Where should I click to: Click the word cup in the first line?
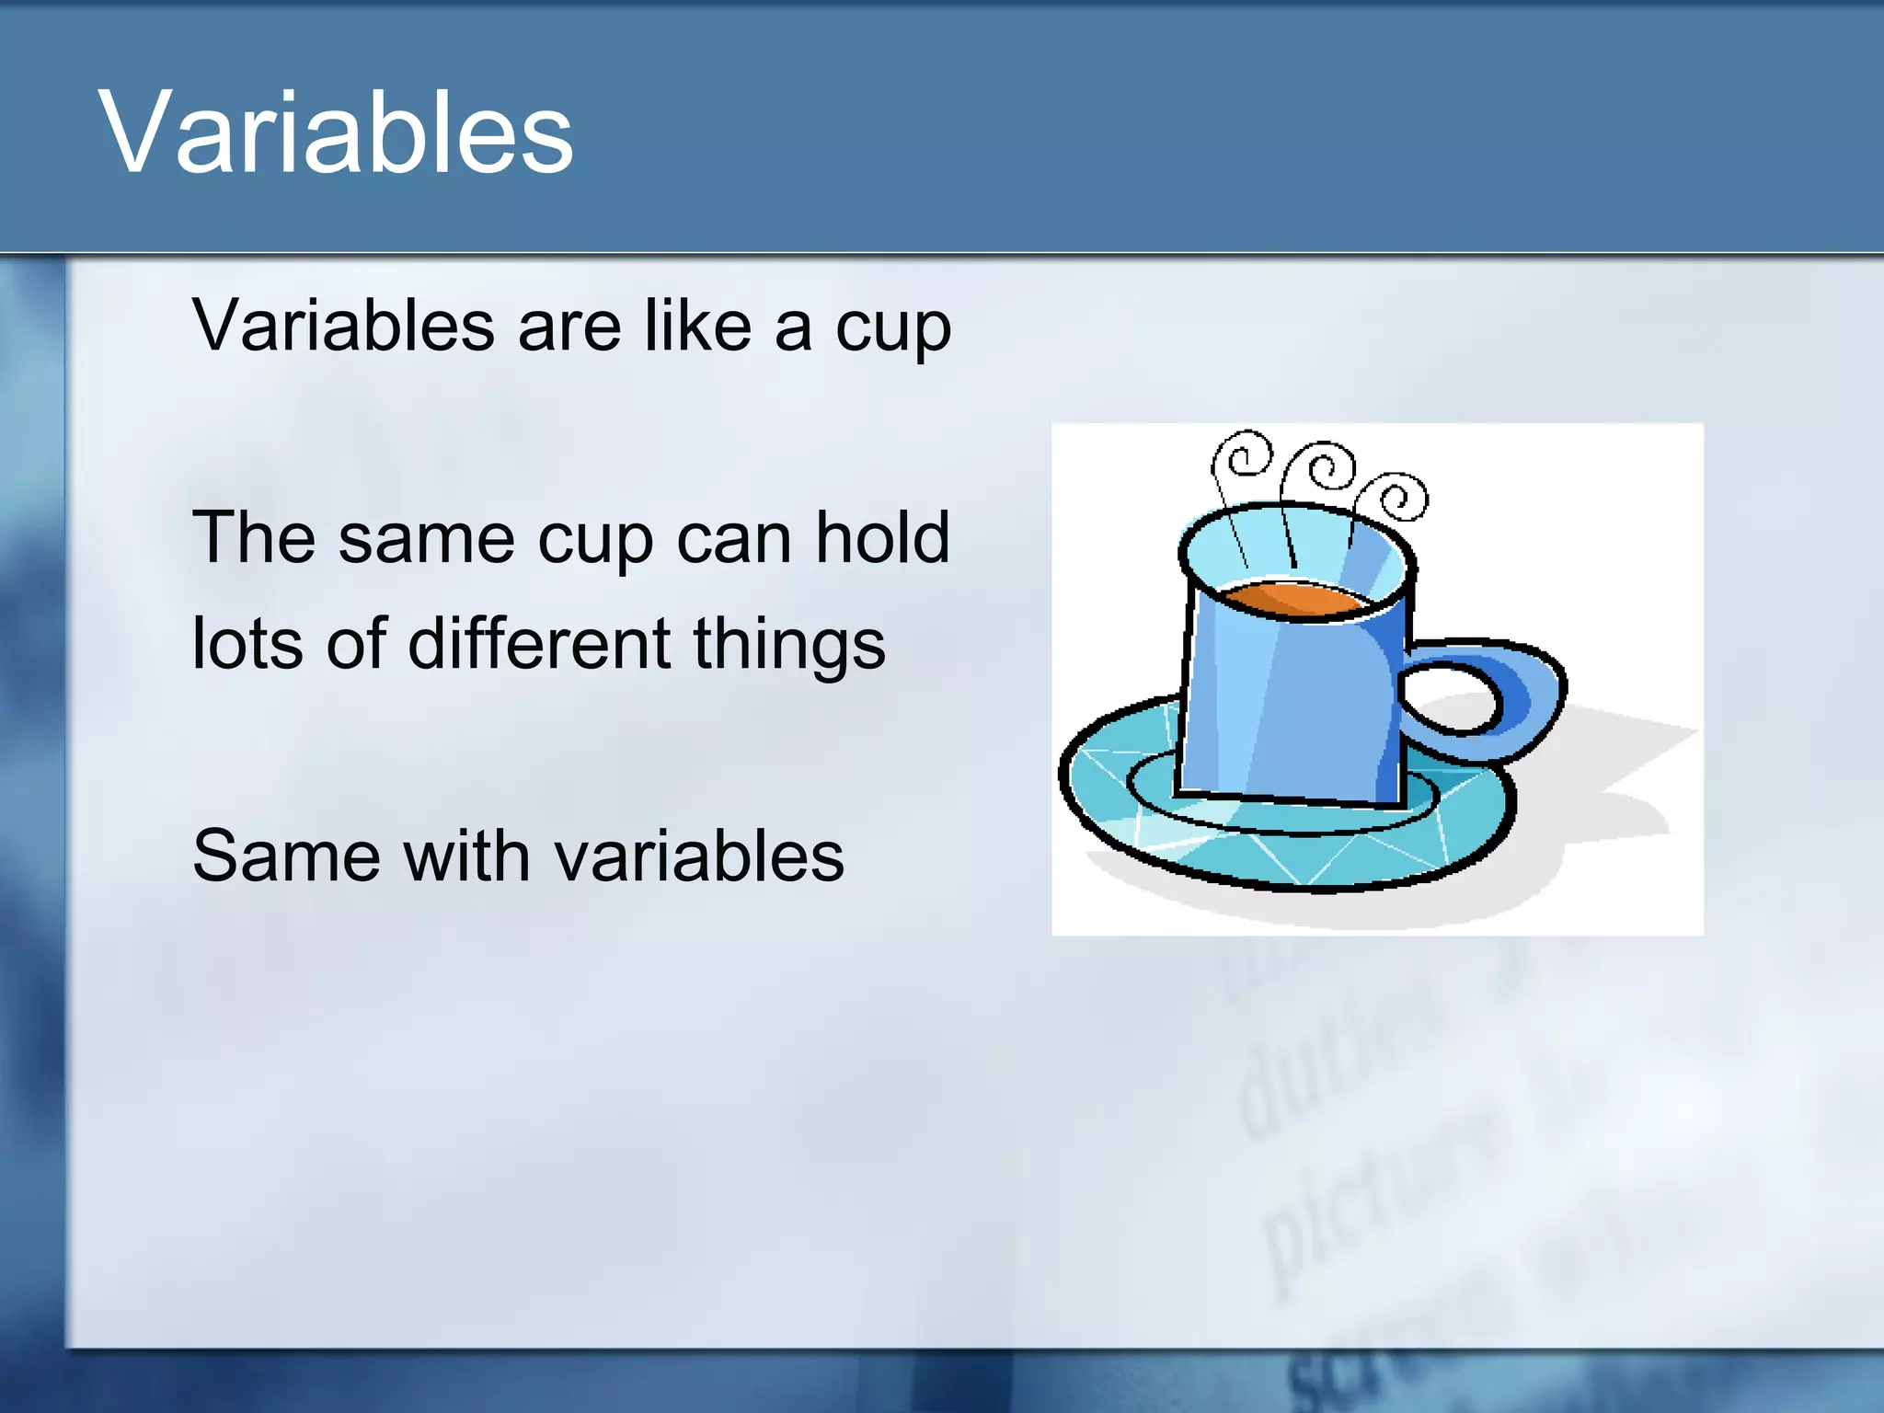(x=892, y=329)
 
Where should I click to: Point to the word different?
(x=539, y=643)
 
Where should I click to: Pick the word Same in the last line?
(x=286, y=856)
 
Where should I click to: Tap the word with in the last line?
(x=466, y=856)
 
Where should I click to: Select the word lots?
(x=247, y=643)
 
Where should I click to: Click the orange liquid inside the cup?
(x=1292, y=598)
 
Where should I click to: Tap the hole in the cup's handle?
(x=1449, y=697)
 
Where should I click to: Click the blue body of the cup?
(x=1288, y=708)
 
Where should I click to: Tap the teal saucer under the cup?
(x=1150, y=819)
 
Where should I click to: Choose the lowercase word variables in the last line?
(x=699, y=856)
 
